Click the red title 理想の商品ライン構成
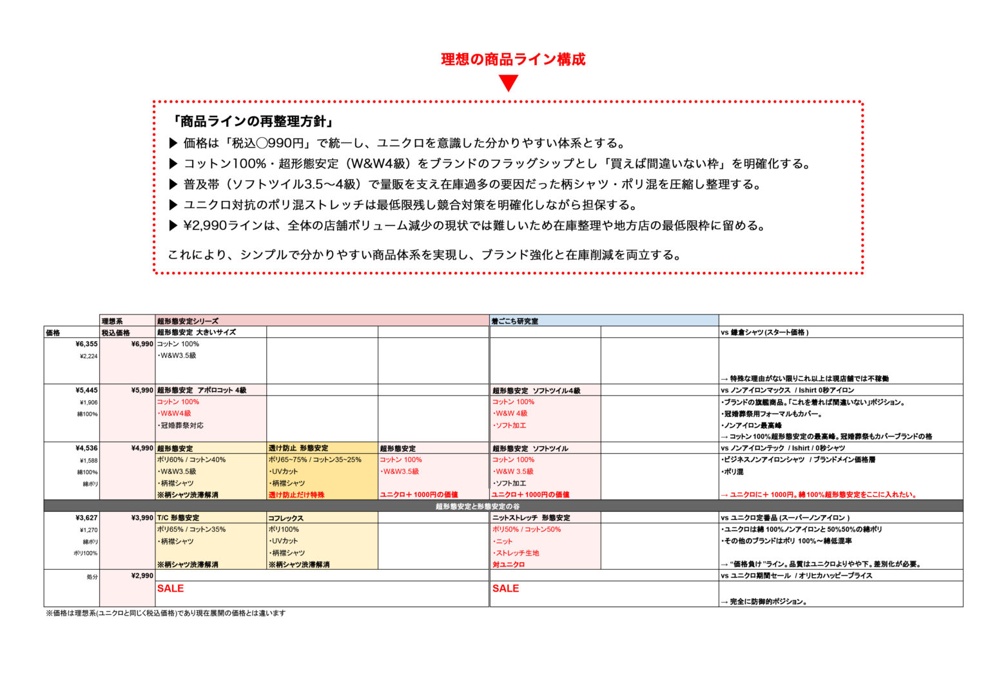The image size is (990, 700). (x=513, y=59)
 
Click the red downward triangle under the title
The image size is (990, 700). (x=509, y=83)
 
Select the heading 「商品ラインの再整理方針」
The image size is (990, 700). (x=252, y=121)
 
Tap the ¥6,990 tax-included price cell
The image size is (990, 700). (x=142, y=344)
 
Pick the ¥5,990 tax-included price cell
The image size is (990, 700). (x=142, y=391)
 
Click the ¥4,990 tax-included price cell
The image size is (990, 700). (x=142, y=449)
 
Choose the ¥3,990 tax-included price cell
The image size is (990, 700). (x=142, y=518)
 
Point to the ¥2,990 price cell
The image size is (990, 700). (x=142, y=576)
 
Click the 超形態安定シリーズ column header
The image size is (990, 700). (x=188, y=321)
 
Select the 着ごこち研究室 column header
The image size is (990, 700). (x=514, y=321)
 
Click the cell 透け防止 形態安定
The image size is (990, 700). (x=298, y=449)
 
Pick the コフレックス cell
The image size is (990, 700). (x=286, y=518)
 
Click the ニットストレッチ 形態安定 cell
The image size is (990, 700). (x=531, y=518)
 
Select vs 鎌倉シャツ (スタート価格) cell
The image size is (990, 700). (x=764, y=333)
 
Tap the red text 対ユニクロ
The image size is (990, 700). (x=509, y=565)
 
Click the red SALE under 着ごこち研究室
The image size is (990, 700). (x=505, y=588)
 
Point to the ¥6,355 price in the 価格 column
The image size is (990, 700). (x=86, y=344)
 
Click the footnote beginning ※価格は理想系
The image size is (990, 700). (x=165, y=614)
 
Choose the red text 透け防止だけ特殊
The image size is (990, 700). (x=296, y=495)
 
